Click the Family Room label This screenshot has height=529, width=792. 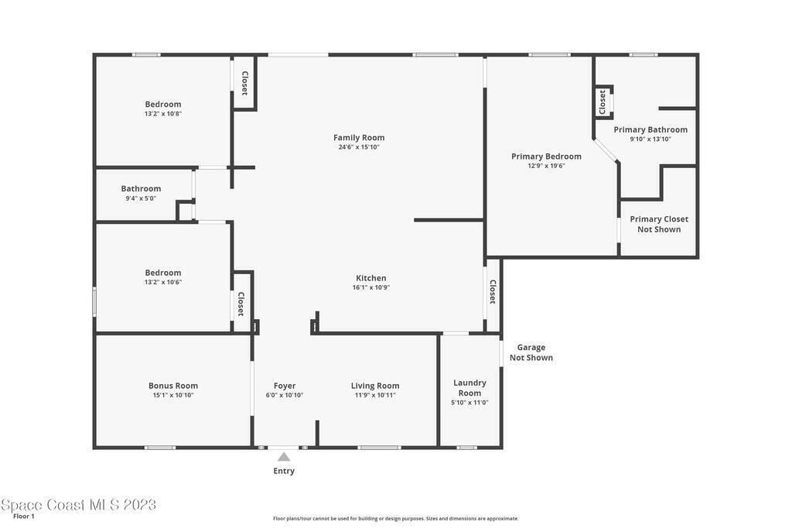[x=359, y=138]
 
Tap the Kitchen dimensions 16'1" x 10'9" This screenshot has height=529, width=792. [x=371, y=287]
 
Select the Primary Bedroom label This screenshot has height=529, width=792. [x=546, y=156]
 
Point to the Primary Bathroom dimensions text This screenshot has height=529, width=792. [x=650, y=139]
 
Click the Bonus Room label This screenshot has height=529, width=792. [x=173, y=386]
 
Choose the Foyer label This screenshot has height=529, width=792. [x=285, y=386]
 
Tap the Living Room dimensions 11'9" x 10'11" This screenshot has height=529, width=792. [x=375, y=395]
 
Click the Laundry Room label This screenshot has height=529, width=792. [x=469, y=388]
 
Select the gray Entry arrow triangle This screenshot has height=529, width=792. [x=284, y=457]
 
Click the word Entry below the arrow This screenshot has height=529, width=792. [x=284, y=471]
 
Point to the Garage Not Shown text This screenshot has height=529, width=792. [x=531, y=352]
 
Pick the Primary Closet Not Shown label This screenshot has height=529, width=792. [x=659, y=224]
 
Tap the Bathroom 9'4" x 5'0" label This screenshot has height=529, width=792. [x=141, y=193]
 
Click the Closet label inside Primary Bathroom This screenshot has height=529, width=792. [x=602, y=102]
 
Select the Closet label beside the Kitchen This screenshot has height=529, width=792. [x=493, y=292]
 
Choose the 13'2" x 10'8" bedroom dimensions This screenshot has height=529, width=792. [x=162, y=114]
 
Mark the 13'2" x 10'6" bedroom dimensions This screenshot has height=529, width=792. [x=162, y=282]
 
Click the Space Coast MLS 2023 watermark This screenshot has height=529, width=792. [x=78, y=504]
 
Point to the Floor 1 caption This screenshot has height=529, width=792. [x=24, y=517]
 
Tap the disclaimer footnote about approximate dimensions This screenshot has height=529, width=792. [x=395, y=518]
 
